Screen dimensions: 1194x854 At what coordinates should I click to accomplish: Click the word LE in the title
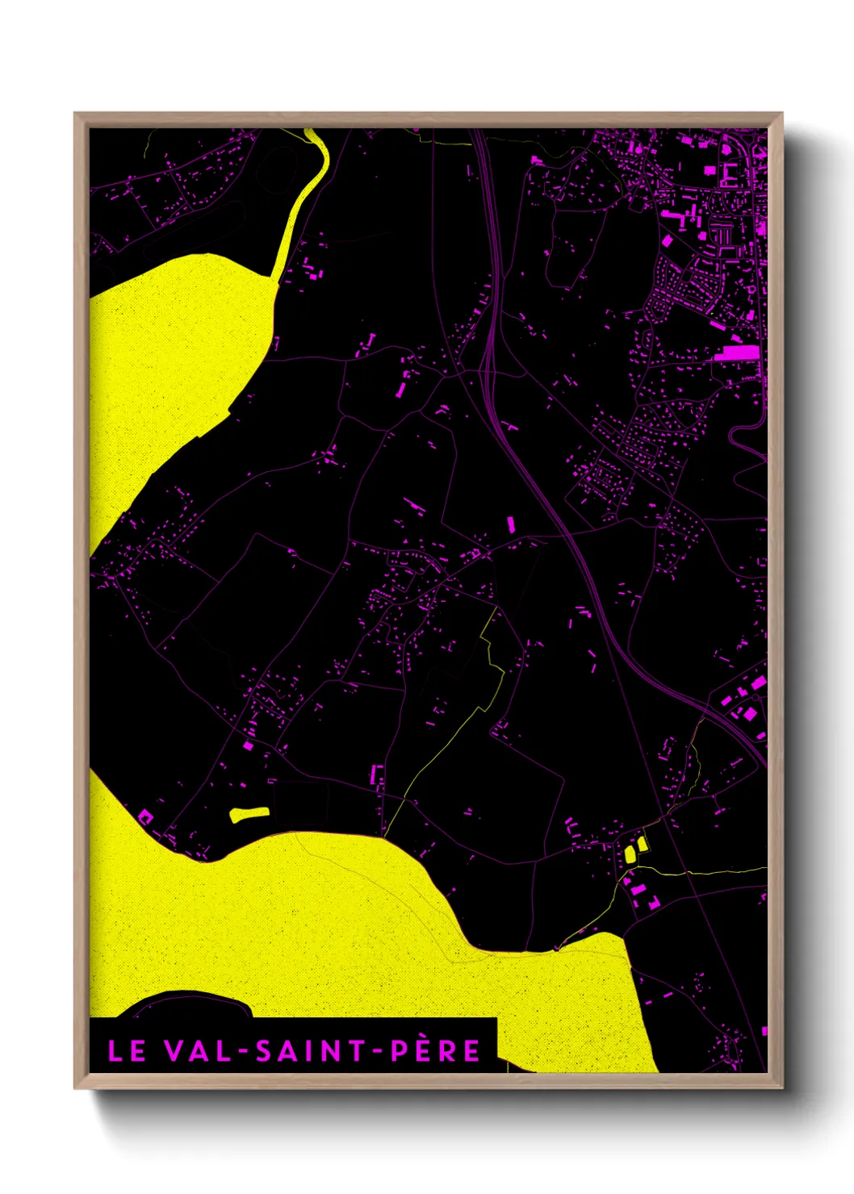point(127,1050)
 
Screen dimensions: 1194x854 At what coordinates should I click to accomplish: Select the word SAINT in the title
point(308,1050)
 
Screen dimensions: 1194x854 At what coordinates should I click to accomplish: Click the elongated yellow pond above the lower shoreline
point(249,814)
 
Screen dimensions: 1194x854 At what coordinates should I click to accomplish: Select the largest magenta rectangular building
point(737,353)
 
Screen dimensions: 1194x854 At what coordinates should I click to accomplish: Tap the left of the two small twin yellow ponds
point(630,853)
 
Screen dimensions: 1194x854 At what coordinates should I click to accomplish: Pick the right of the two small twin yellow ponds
point(642,844)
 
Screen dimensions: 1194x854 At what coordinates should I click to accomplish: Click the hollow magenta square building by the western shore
point(146,817)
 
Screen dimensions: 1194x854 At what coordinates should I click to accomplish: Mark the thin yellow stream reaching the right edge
point(726,871)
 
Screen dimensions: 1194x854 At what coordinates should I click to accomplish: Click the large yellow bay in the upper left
point(170,363)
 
